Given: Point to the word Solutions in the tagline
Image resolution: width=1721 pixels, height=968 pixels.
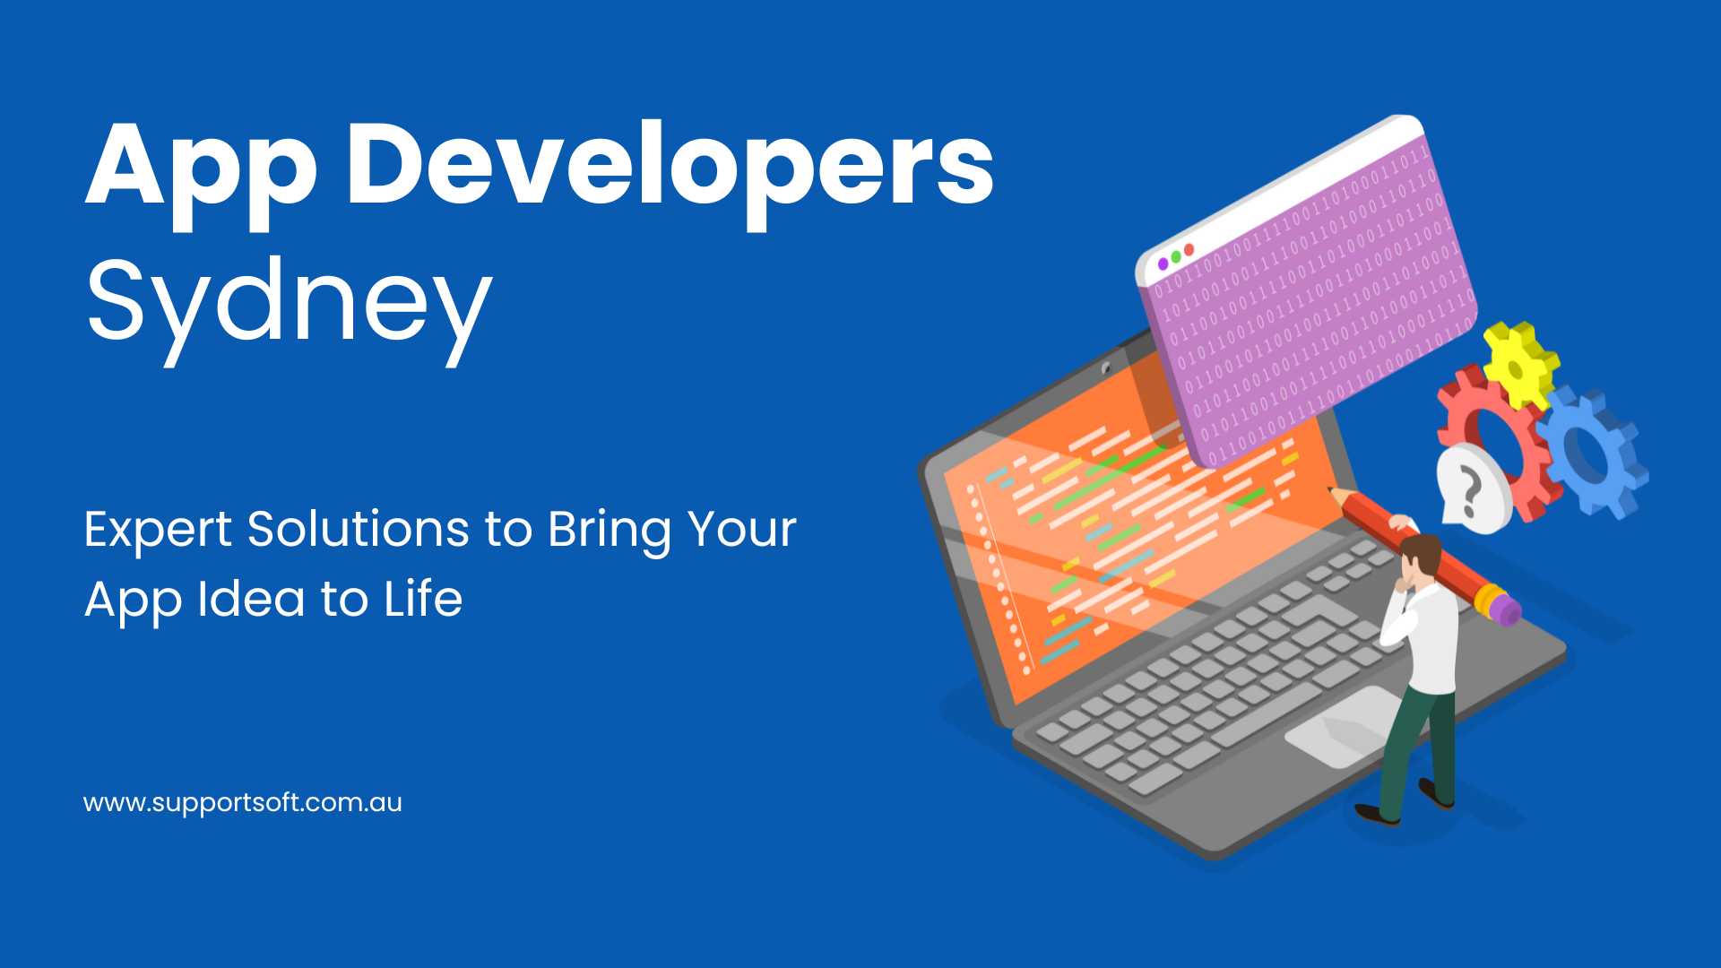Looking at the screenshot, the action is (x=358, y=529).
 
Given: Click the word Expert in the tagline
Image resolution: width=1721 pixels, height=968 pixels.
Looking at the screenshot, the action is (x=159, y=531).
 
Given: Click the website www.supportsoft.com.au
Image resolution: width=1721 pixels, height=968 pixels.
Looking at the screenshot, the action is (x=243, y=802).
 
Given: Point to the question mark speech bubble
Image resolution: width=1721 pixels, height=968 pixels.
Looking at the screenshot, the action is (x=1472, y=489).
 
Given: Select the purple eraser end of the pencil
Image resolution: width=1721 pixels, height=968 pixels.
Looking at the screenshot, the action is (x=1506, y=609).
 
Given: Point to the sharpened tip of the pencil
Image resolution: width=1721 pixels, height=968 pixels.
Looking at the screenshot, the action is (x=1331, y=490).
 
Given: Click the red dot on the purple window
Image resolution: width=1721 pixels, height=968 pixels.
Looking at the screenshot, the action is (x=1189, y=249).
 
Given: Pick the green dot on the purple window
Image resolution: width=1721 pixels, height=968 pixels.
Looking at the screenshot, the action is (x=1176, y=256).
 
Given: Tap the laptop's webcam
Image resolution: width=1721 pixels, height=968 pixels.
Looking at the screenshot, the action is (x=1107, y=368).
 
